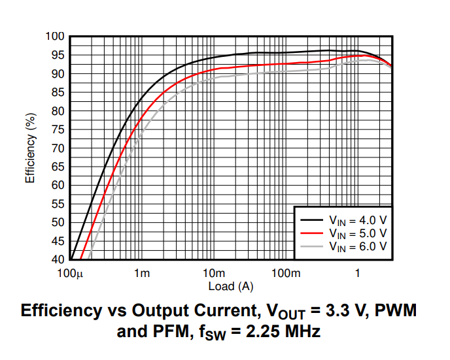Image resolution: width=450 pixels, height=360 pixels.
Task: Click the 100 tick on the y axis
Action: click(55, 37)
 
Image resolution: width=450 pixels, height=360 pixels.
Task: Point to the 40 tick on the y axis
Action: click(58, 259)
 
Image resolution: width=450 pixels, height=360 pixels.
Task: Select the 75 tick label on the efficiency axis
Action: click(58, 129)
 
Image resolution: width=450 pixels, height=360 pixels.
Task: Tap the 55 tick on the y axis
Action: click(58, 204)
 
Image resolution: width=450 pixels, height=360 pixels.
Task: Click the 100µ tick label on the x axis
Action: click(71, 273)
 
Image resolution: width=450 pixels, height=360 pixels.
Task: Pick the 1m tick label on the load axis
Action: click(141, 273)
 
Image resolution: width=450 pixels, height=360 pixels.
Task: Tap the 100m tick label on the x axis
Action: click(285, 273)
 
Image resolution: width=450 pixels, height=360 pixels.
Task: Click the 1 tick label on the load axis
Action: click(357, 273)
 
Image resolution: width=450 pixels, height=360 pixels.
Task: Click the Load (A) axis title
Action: click(231, 286)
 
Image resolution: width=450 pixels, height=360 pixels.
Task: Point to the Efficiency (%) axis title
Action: click(30, 148)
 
